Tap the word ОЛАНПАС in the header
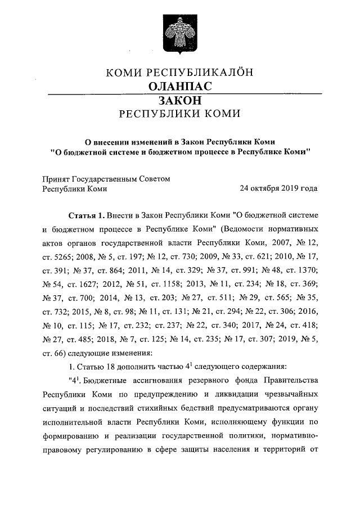coord(180,86)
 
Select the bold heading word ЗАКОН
coord(180,100)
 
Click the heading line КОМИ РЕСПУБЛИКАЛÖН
coord(180,72)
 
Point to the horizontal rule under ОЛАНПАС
coord(180,93)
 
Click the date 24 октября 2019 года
coord(278,188)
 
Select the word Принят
coord(57,178)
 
